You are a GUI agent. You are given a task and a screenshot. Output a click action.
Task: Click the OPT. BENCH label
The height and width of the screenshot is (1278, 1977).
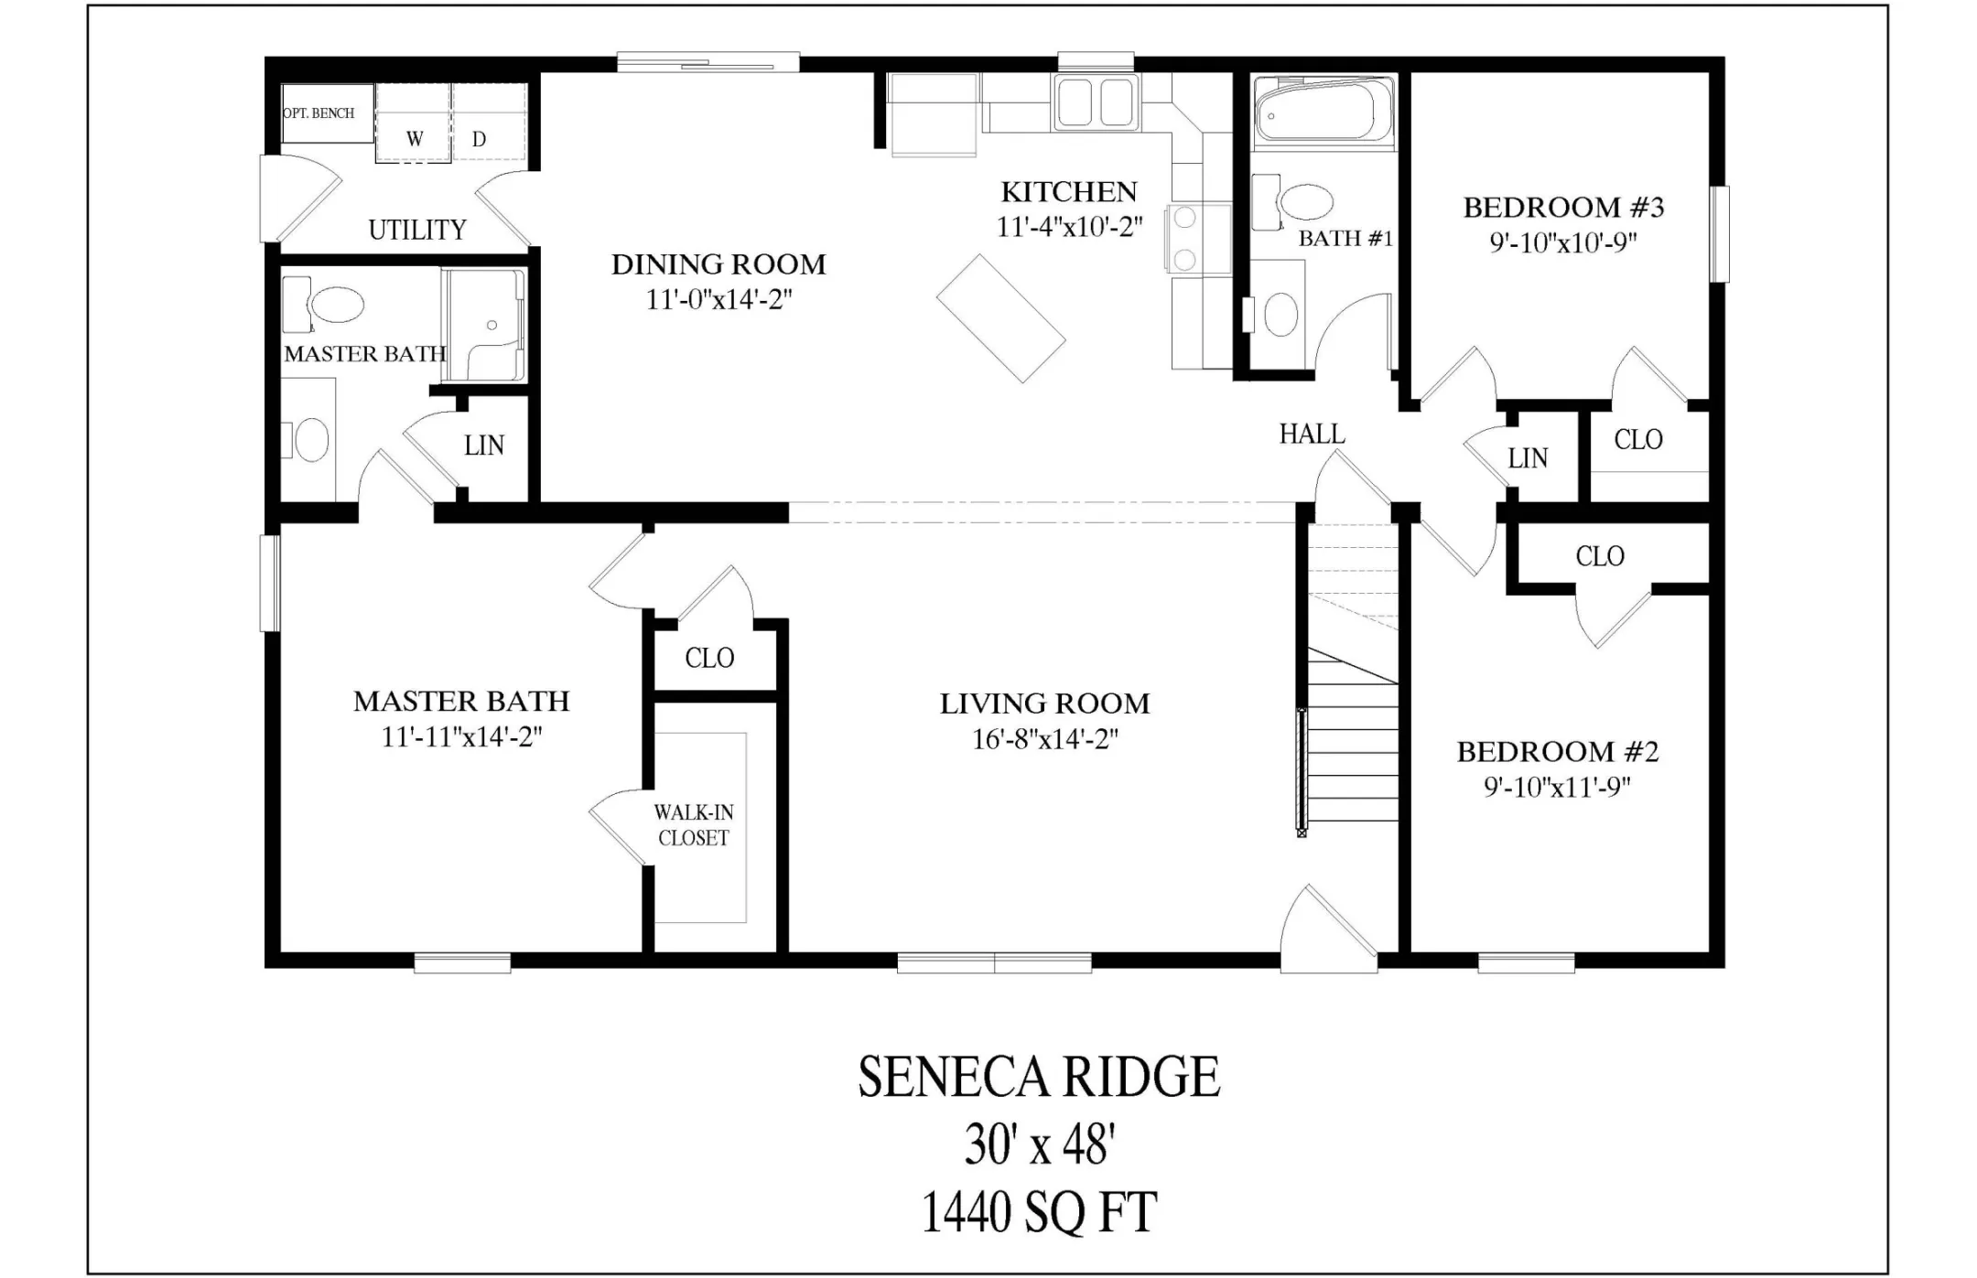tap(319, 113)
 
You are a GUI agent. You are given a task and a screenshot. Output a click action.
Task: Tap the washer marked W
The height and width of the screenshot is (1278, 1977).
tap(414, 123)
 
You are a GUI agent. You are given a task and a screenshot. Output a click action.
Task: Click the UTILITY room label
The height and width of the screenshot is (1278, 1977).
tap(417, 230)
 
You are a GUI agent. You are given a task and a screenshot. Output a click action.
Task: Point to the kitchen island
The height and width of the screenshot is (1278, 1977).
tap(1000, 318)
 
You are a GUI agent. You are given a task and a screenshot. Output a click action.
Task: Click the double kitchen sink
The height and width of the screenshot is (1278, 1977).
tap(1097, 102)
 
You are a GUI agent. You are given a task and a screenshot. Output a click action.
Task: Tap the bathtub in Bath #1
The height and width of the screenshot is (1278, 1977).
tap(1323, 112)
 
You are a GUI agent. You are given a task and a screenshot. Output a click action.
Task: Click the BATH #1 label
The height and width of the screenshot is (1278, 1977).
tap(1345, 239)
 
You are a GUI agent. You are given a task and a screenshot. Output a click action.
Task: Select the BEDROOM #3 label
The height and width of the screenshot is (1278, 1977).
tap(1563, 208)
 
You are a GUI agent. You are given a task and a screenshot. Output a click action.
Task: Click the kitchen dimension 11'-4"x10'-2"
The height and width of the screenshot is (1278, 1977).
tap(1069, 227)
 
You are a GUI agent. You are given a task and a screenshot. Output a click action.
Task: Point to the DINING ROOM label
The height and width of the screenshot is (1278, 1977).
tap(718, 264)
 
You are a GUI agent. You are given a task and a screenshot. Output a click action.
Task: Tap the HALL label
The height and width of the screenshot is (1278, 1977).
tap(1312, 434)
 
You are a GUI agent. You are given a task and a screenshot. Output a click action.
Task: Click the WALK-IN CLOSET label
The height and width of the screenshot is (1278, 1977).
tap(694, 825)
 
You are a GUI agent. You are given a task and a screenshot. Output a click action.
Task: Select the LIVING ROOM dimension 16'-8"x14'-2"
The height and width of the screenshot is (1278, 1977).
tap(1045, 739)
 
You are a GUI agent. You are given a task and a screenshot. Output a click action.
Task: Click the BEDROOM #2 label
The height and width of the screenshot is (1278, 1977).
tap(1558, 752)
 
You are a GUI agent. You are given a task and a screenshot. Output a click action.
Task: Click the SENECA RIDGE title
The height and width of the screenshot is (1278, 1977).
tap(1039, 1077)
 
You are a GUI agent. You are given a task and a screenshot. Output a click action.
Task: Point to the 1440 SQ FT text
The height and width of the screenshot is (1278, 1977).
tap(1039, 1212)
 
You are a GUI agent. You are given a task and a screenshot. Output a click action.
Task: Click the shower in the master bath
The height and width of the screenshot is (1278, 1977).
tap(484, 325)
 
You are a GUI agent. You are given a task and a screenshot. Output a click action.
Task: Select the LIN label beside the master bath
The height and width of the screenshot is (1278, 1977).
tap(484, 446)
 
